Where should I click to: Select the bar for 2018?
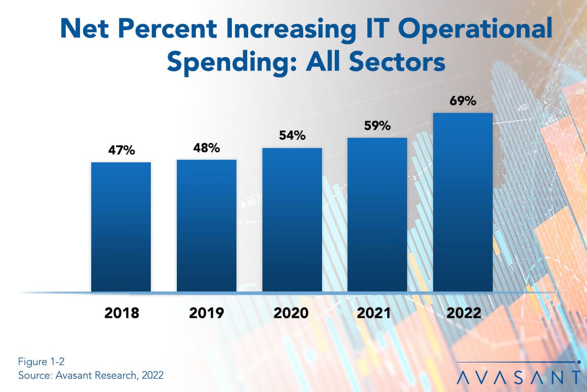tap(121, 227)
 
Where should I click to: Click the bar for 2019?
tap(206, 226)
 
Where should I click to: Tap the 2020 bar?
tap(292, 220)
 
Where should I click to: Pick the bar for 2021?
tap(377, 215)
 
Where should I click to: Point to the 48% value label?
tap(206, 148)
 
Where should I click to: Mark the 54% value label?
tap(292, 136)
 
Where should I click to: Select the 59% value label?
tap(377, 126)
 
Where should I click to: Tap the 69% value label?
tap(463, 101)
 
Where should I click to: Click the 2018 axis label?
tap(121, 313)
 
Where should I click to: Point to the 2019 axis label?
tap(206, 313)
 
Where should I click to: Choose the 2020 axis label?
tap(291, 313)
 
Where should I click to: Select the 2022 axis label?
tap(462, 313)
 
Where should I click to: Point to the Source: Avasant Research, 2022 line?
tap(91, 375)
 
